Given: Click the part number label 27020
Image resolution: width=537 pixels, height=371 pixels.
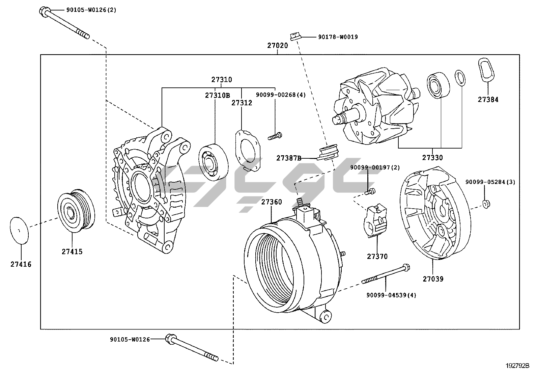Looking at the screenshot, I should (278, 46).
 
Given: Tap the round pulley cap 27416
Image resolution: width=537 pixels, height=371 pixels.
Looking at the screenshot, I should (19, 230).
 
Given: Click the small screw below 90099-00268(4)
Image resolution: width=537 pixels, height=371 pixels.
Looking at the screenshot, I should (275, 137).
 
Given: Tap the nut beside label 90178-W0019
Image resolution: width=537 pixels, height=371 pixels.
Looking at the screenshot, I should (294, 35).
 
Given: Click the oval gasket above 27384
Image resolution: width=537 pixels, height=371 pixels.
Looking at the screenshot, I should (486, 70).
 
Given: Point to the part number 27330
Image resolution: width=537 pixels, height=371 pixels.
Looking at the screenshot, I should (432, 158).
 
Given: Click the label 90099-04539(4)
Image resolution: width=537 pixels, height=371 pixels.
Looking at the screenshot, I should (391, 295).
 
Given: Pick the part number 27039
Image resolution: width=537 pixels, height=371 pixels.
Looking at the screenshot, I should (433, 279).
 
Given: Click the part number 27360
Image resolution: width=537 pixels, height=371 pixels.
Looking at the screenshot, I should (272, 202).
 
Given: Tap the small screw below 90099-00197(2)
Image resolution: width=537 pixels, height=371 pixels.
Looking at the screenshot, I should (369, 192).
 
